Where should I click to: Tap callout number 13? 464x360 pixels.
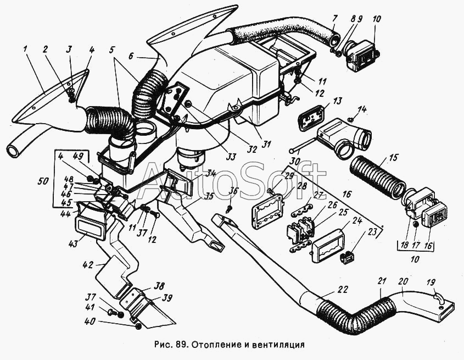tap(336, 101)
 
